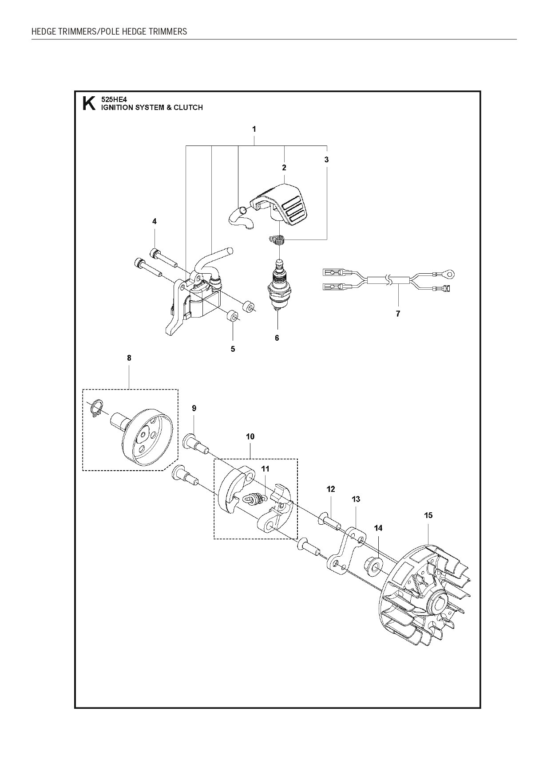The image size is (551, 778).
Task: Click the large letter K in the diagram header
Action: pyautogui.click(x=89, y=104)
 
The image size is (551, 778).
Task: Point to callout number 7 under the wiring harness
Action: pyautogui.click(x=398, y=314)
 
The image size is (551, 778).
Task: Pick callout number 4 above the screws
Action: pyautogui.click(x=155, y=221)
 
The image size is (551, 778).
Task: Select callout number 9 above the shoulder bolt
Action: pyautogui.click(x=194, y=409)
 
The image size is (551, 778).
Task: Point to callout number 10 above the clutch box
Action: pyautogui.click(x=250, y=436)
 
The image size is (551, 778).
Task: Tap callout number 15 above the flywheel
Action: pyautogui.click(x=428, y=515)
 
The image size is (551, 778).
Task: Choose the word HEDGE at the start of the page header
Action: pyautogui.click(x=43, y=31)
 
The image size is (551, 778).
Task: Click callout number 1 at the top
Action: pyautogui.click(x=254, y=129)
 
